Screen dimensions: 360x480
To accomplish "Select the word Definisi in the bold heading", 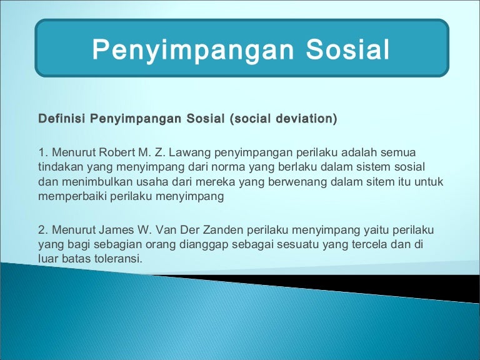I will point(62,118).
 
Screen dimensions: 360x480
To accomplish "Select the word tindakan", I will point(60,167).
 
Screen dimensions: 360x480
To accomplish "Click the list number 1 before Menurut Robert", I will point(42,152).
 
